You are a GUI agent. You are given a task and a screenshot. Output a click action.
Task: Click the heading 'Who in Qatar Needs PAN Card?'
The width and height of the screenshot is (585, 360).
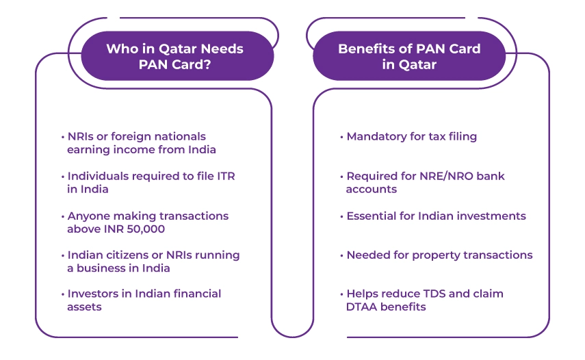point(174,56)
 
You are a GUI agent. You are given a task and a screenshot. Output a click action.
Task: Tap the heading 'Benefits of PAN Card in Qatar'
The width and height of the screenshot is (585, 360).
point(409,56)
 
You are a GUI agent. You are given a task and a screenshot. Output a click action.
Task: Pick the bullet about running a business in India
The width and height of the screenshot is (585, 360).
point(153,261)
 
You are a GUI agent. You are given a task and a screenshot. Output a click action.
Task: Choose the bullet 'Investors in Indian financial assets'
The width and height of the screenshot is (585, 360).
point(144,300)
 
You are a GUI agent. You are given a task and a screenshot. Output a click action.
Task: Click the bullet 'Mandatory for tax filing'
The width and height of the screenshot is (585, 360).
point(411,136)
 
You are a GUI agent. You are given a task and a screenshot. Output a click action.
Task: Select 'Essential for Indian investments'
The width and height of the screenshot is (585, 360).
point(436,216)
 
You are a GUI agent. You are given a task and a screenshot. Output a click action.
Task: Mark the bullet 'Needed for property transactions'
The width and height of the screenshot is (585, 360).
point(439,255)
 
